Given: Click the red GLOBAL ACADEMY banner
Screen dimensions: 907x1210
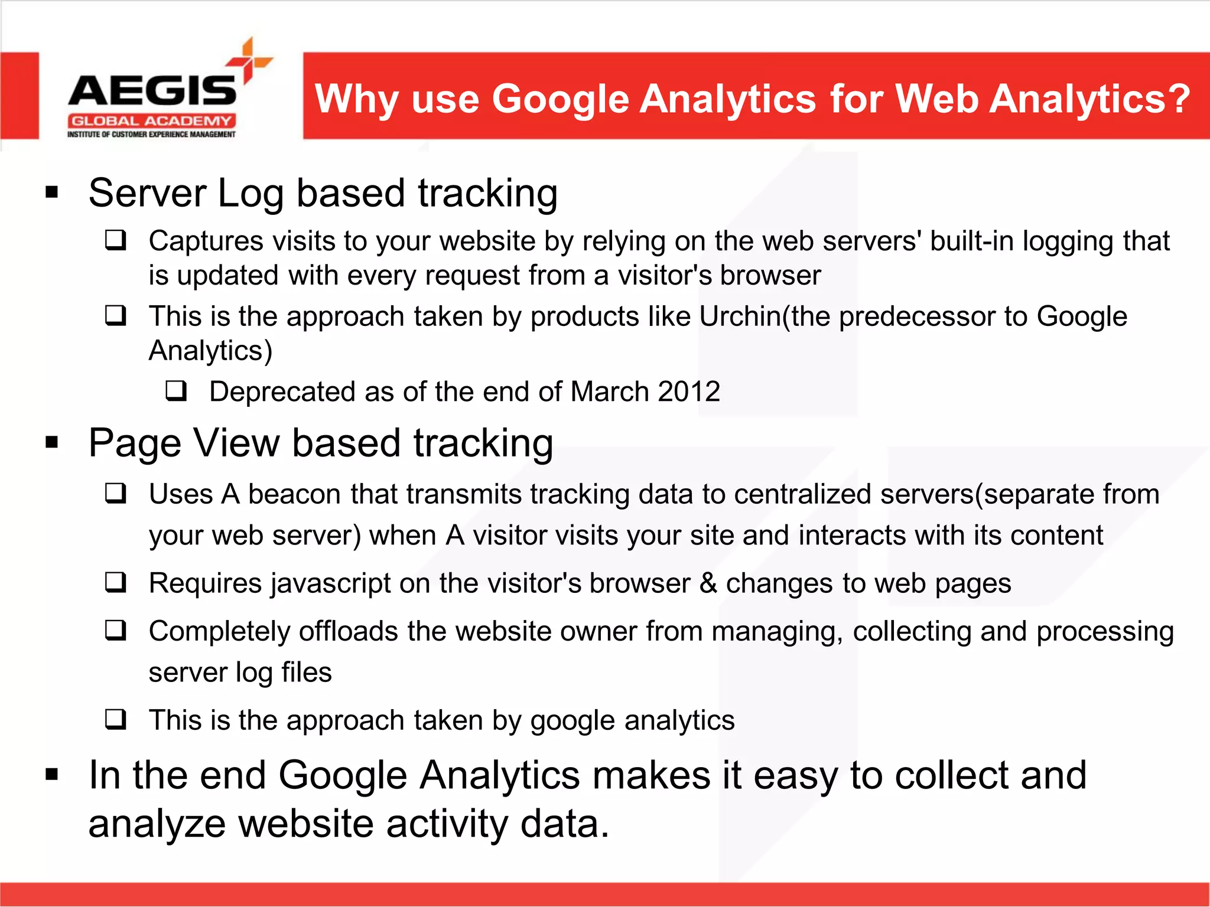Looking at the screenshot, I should [x=152, y=121].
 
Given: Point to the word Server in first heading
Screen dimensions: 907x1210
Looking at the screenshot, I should [x=147, y=193].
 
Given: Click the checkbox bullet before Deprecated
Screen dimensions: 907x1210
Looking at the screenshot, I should [x=176, y=390].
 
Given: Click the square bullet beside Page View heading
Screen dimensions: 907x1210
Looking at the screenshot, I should [x=52, y=443].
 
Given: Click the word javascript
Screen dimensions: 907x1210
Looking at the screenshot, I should [x=331, y=584].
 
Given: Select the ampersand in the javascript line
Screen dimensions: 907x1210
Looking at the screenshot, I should [x=708, y=583].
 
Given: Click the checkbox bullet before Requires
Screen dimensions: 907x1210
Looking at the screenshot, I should [x=115, y=582].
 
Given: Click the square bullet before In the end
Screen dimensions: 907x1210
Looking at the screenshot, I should [x=52, y=774].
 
